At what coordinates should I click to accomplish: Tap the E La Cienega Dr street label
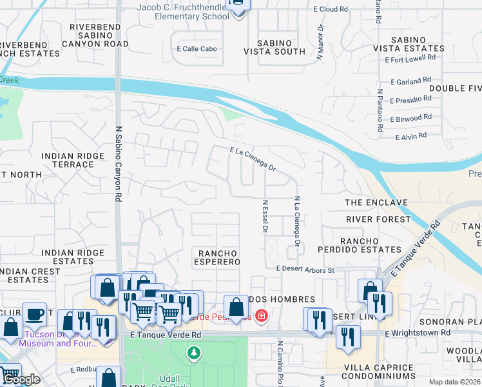[253, 159]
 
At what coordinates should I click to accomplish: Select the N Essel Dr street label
[265, 217]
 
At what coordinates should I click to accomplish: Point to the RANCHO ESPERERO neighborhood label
[218, 257]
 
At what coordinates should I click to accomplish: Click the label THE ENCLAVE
[376, 203]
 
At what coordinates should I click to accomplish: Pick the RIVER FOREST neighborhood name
[378, 219]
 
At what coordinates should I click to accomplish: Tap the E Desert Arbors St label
[305, 270]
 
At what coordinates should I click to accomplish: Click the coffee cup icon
[34, 314]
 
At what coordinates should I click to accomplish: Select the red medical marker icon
[261, 316]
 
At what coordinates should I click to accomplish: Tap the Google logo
[21, 380]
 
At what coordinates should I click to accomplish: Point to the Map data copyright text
[454, 382]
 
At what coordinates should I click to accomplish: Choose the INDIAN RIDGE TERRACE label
[72, 160]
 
